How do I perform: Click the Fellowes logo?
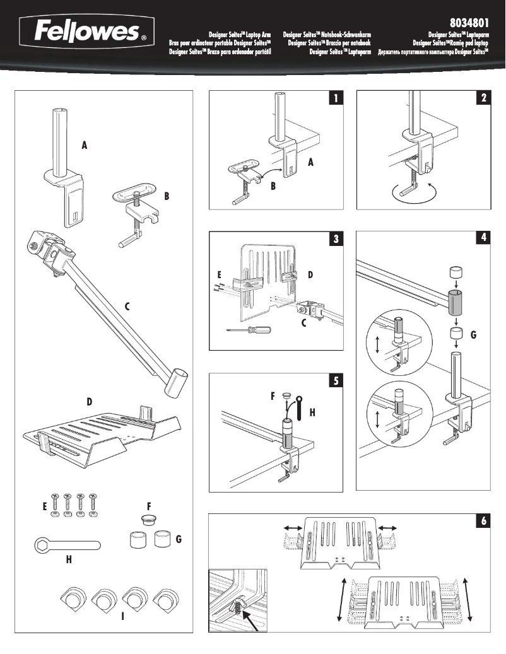click(x=85, y=32)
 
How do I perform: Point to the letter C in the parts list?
click(x=127, y=307)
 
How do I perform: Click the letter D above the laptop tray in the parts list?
click(x=90, y=401)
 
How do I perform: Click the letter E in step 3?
click(x=220, y=275)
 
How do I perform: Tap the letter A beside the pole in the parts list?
click(x=84, y=145)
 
